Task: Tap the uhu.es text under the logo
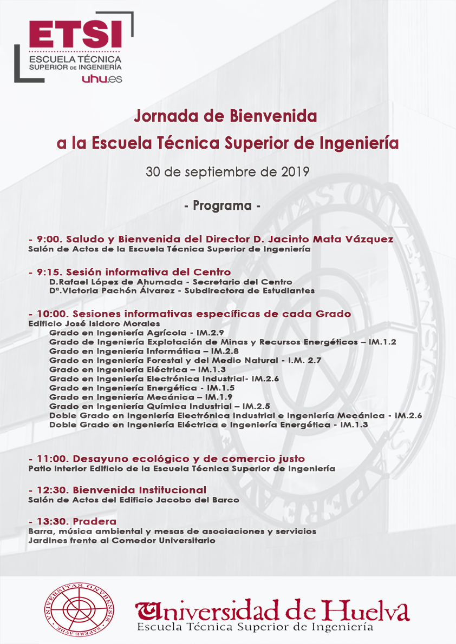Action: (101, 79)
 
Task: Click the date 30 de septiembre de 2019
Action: (227, 172)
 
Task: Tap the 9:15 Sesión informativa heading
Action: (130, 271)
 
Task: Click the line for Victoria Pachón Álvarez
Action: (181, 290)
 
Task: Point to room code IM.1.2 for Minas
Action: (382, 341)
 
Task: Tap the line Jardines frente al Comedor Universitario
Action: (122, 540)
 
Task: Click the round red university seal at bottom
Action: (79, 609)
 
